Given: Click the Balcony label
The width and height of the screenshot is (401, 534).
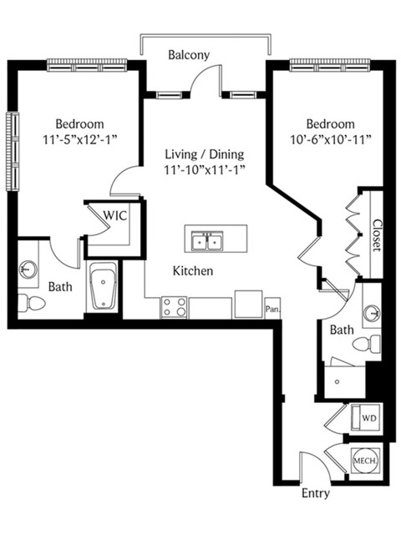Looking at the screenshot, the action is click(x=189, y=54).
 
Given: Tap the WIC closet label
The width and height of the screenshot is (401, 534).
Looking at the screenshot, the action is click(x=115, y=215).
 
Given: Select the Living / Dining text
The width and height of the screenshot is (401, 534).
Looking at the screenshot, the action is click(x=205, y=154).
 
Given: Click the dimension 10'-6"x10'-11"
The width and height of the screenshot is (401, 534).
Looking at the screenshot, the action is click(x=331, y=139).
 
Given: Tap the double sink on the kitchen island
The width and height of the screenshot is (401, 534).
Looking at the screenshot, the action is click(x=207, y=241).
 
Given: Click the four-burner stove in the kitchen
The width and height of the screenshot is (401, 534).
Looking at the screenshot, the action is click(x=174, y=308).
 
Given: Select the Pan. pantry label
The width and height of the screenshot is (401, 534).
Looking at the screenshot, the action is click(x=273, y=310).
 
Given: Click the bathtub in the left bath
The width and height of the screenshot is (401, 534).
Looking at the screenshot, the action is click(x=103, y=286).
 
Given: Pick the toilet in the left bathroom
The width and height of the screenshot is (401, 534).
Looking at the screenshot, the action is click(x=31, y=302).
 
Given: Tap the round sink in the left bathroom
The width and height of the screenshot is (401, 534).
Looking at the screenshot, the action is click(x=28, y=269).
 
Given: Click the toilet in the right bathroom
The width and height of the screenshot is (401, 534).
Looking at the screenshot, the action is click(x=367, y=344).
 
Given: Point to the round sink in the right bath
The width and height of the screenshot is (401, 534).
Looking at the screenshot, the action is click(x=372, y=313).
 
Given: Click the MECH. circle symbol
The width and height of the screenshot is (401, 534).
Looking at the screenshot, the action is click(x=366, y=461).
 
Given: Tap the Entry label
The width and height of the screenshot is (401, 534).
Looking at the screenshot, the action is click(x=316, y=493).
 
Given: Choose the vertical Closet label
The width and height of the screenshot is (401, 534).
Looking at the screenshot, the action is click(x=377, y=235).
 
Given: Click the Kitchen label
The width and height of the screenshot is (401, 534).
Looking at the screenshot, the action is click(x=193, y=271).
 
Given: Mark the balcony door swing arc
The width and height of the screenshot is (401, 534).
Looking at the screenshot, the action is click(x=201, y=73).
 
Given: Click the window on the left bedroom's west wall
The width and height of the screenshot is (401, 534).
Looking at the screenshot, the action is click(x=13, y=152).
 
